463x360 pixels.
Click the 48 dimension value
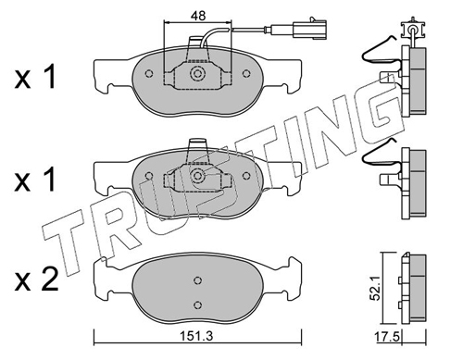pyautogui.click(x=198, y=16)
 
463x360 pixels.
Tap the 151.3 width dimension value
pyautogui.click(x=197, y=336)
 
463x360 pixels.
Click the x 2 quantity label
pyautogui.click(x=36, y=279)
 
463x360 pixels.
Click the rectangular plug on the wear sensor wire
pyautogui.click(x=309, y=30)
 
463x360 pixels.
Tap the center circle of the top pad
pyautogui.click(x=197, y=74)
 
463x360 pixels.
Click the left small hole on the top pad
pyautogui.click(x=149, y=73)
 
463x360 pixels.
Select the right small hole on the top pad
pyautogui.click(x=246, y=73)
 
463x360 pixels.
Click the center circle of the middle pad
pyautogui.click(x=197, y=176)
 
